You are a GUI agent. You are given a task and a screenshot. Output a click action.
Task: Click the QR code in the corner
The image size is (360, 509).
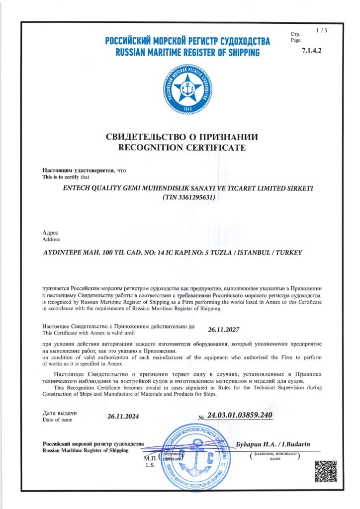coord(326,470)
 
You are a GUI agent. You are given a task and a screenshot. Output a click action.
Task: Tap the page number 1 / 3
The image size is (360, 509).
coord(321,31)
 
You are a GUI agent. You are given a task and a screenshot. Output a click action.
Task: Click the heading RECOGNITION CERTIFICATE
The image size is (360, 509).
coord(181,148)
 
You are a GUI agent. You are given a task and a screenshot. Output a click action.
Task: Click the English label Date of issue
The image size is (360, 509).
coord(57,420)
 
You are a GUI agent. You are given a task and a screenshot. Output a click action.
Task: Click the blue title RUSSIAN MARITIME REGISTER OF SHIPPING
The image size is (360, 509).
coord(187,52)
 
